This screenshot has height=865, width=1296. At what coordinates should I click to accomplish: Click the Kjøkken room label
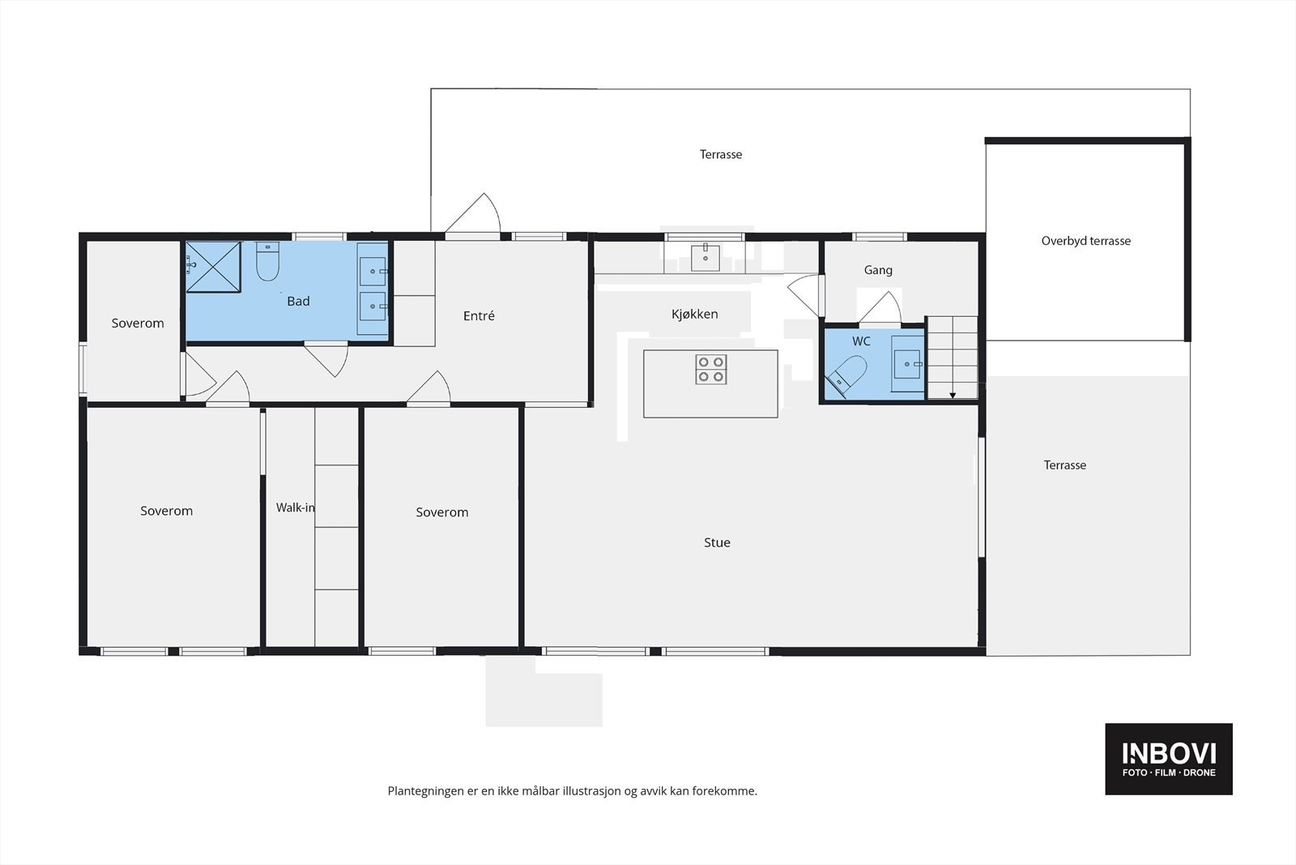[694, 314]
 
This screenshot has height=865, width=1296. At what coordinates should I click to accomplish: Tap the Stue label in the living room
[717, 542]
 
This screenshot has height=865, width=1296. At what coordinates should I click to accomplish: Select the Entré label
[479, 315]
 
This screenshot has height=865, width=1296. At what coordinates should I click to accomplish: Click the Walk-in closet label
[295, 507]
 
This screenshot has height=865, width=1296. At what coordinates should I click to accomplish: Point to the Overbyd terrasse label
[1085, 241]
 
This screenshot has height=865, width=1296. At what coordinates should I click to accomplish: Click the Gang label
[878, 270]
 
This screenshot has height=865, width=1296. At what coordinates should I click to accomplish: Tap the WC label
[861, 341]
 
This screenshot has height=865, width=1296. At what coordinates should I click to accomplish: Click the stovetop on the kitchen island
[710, 370]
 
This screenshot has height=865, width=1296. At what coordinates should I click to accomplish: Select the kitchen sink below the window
[706, 257]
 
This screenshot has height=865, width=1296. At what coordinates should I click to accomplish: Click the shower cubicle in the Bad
[213, 267]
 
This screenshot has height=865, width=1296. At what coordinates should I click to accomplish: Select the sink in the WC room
[906, 364]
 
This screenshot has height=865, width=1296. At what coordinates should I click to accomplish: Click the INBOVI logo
[1169, 759]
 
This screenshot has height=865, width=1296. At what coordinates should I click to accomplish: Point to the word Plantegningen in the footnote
[426, 791]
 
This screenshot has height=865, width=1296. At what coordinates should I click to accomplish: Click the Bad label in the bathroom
[298, 301]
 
